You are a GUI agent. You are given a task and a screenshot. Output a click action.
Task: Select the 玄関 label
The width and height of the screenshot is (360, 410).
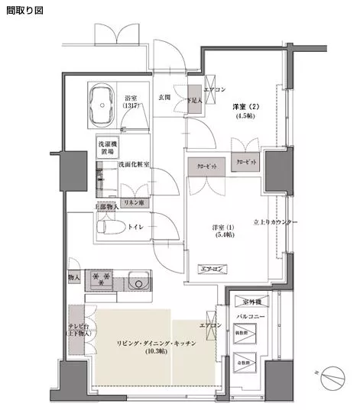click(164, 97)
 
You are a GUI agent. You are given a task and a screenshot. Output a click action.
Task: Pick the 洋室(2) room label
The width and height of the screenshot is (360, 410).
click(246, 106)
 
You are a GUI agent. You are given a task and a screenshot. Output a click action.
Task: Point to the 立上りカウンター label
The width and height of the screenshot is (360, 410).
click(303, 221)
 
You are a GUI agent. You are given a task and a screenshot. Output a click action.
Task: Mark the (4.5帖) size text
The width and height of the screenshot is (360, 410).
click(245, 117)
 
